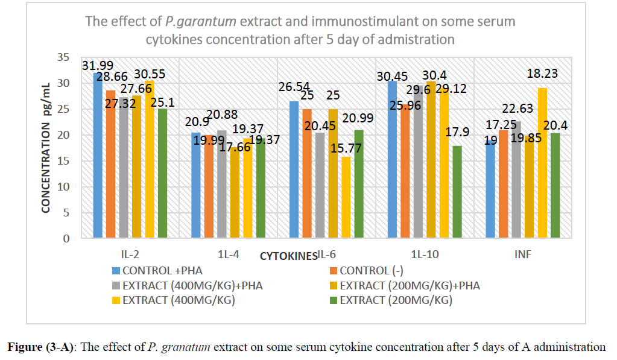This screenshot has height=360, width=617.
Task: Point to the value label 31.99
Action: coord(99,66)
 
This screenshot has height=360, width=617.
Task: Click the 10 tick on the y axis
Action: coord(62,187)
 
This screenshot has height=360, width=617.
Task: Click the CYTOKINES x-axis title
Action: coord(288,256)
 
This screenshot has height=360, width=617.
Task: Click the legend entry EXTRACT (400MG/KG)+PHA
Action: coord(192,285)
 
